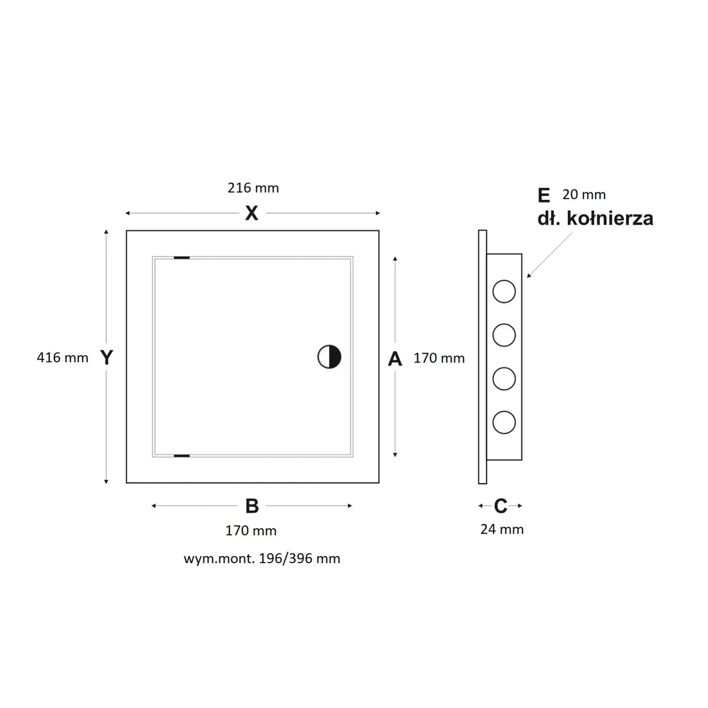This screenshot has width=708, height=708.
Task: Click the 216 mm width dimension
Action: [x=253, y=188]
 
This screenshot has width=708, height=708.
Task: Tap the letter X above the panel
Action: [x=252, y=213]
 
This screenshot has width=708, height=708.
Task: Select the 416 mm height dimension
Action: [x=62, y=358]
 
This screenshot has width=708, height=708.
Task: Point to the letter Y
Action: [x=107, y=357]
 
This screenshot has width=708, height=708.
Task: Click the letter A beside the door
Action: [x=395, y=359]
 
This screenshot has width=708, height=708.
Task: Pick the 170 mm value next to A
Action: [x=439, y=358]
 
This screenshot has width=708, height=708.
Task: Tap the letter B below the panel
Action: [x=252, y=506]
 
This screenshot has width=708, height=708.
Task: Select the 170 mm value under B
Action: [x=251, y=531]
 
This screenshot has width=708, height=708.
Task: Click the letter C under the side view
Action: [x=500, y=506]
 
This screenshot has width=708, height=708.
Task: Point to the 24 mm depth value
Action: [x=502, y=530]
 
